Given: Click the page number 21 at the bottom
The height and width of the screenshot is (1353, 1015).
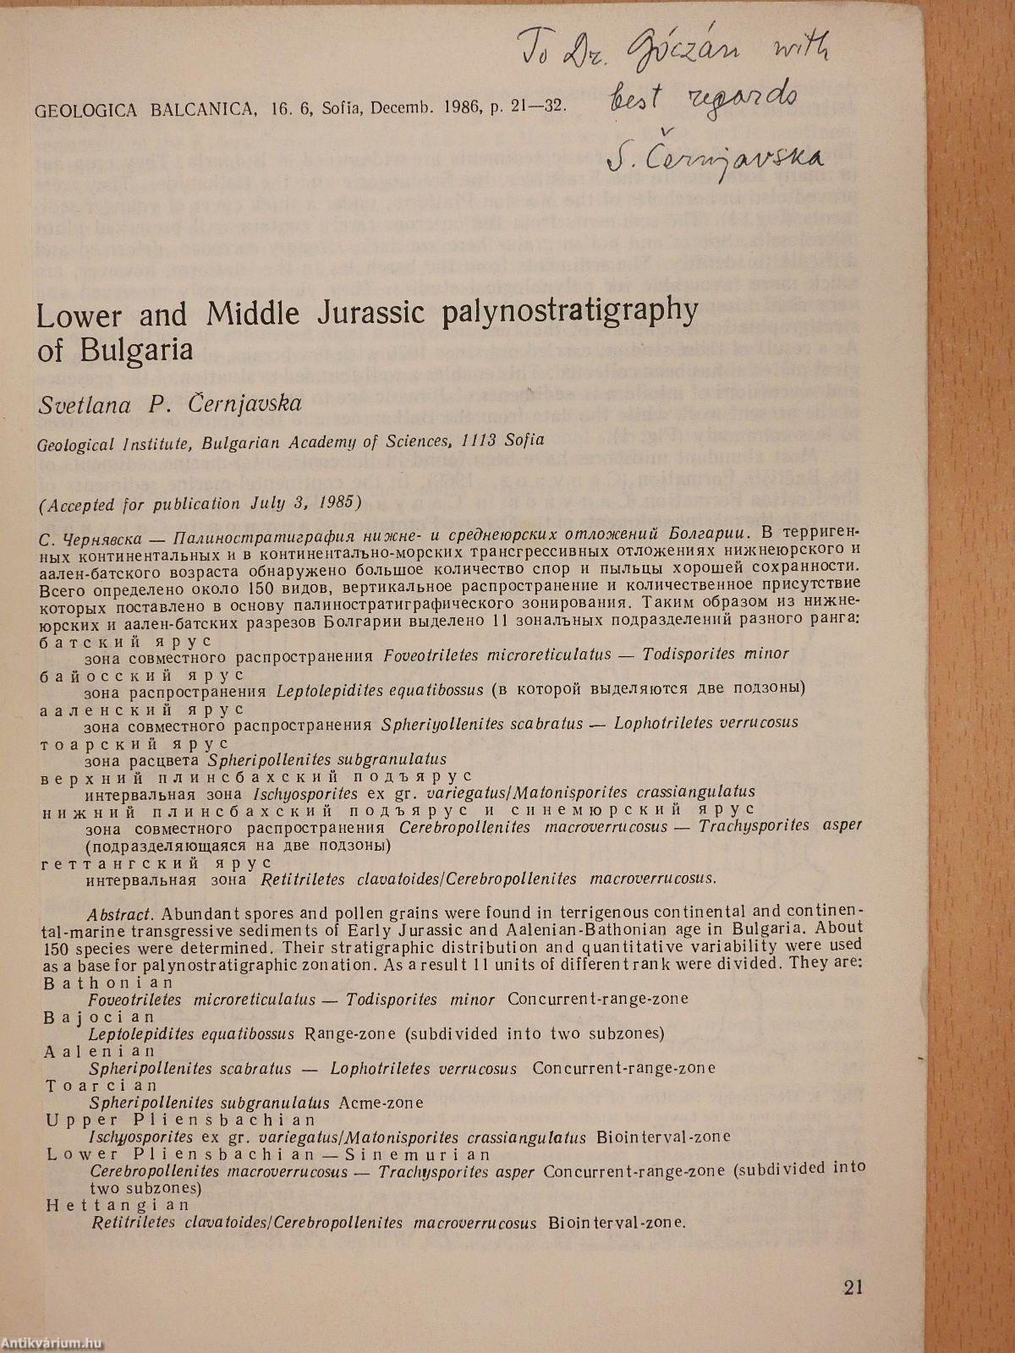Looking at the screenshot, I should point(853,1287).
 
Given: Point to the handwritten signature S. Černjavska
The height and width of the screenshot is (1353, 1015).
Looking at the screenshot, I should point(715,156).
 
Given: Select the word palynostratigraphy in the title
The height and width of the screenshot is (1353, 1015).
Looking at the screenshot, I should point(569,312).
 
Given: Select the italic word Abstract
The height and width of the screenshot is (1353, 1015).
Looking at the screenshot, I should point(120,913).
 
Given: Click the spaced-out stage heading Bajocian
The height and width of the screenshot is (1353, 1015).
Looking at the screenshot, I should point(100,1016).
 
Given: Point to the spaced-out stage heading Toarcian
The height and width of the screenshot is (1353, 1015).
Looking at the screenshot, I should point(101,1085).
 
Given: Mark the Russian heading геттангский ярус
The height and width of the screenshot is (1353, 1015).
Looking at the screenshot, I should point(156,863).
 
